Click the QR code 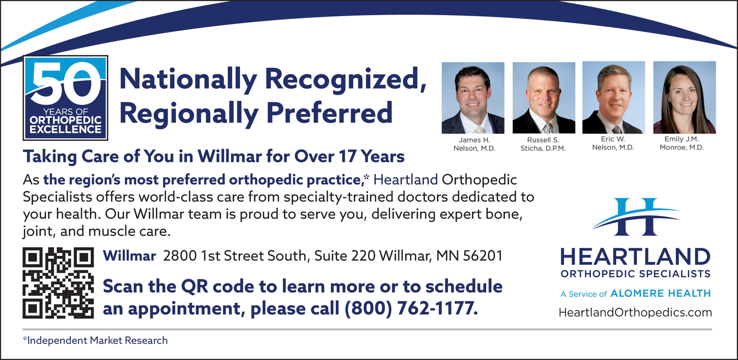click(x=58, y=283)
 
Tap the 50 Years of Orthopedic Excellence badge click(x=65, y=98)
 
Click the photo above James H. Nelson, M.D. click(x=473, y=98)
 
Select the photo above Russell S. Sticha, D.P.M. click(x=544, y=98)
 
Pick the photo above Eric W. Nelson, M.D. click(x=613, y=97)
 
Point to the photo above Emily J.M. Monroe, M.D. click(x=684, y=97)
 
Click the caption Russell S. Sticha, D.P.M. click(x=543, y=144)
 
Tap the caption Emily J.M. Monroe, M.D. click(x=681, y=143)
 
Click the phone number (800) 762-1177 click(x=411, y=308)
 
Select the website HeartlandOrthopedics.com click(x=635, y=312)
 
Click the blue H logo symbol click(x=636, y=216)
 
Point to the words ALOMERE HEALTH click(x=661, y=294)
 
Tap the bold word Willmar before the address click(x=129, y=256)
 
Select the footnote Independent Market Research click(x=95, y=340)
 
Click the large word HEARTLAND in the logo click(x=635, y=257)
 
